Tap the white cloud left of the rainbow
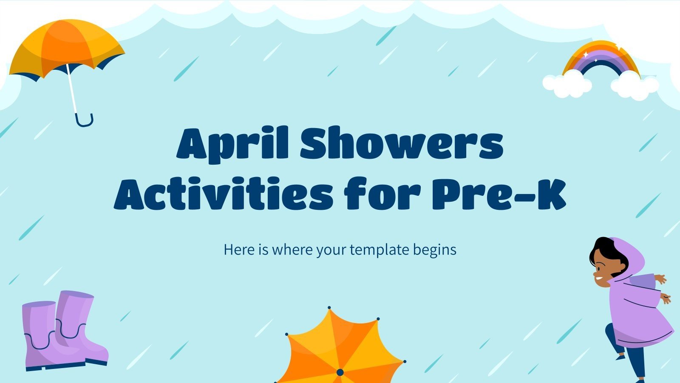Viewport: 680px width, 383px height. click(567, 83)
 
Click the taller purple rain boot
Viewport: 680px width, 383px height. click(79, 323)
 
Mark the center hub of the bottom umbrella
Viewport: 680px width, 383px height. click(340, 373)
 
